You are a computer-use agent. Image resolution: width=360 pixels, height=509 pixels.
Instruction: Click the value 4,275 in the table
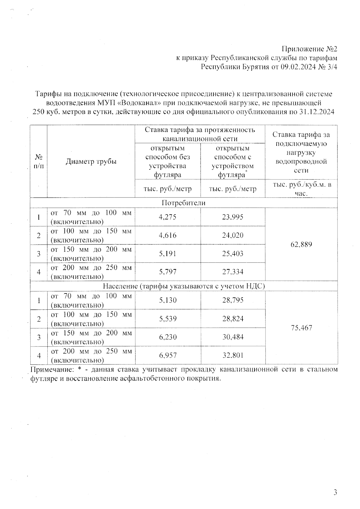tap(168, 217)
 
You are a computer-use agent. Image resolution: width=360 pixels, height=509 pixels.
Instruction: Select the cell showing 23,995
tap(232, 217)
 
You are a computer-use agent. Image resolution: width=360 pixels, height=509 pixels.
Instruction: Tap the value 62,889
tap(301, 244)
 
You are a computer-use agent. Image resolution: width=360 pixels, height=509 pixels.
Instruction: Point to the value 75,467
tap(301, 328)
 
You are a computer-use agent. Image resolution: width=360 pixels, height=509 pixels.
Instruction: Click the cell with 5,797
tap(168, 272)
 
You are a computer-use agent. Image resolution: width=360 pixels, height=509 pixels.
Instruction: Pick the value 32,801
tap(232, 355)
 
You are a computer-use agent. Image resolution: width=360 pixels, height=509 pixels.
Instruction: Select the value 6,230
tap(168, 337)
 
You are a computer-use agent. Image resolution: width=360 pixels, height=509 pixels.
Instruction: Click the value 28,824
tap(232, 318)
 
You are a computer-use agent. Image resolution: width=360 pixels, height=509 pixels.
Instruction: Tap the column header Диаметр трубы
tap(91, 162)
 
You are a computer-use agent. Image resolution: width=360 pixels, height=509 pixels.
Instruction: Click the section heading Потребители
tap(184, 203)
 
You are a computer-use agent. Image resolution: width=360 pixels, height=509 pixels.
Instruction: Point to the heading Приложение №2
tap(309, 49)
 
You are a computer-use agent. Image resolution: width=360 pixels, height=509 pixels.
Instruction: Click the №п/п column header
tap(39, 162)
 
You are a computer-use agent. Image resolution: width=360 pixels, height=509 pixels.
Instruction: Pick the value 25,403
tap(232, 254)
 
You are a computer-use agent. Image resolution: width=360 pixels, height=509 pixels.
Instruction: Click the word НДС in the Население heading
tap(255, 286)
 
